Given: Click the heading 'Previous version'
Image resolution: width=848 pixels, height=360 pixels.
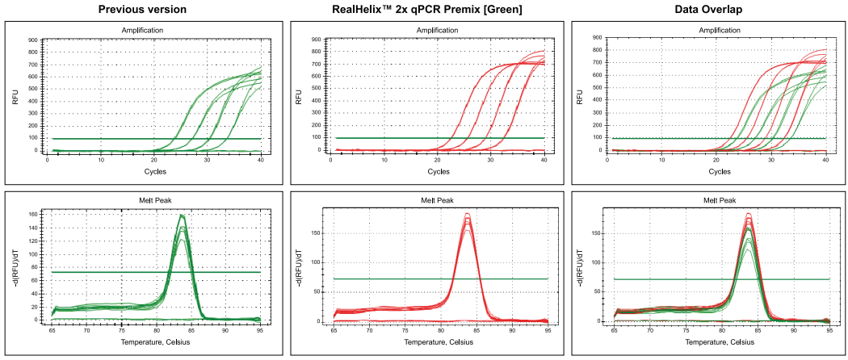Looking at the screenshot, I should pos(142,9).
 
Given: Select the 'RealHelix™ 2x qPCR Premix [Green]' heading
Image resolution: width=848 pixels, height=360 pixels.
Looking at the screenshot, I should pos(426,9).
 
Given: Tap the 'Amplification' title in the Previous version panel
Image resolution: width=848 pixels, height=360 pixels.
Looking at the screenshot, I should pos(142,30).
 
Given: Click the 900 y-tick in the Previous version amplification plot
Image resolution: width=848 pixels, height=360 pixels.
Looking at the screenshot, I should pos(32,40).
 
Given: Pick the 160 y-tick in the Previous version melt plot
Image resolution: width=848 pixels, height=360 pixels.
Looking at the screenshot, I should pos(32,215).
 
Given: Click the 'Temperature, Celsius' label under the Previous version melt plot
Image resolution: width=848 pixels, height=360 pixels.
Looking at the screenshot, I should pos(142,341).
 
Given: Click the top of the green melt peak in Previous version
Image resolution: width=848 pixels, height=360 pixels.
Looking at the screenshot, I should pos(182,216).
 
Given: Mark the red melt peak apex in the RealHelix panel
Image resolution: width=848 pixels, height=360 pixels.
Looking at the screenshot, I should pos(467,214).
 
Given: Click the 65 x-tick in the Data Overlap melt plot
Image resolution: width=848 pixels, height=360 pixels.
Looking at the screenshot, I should pos(615,331).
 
